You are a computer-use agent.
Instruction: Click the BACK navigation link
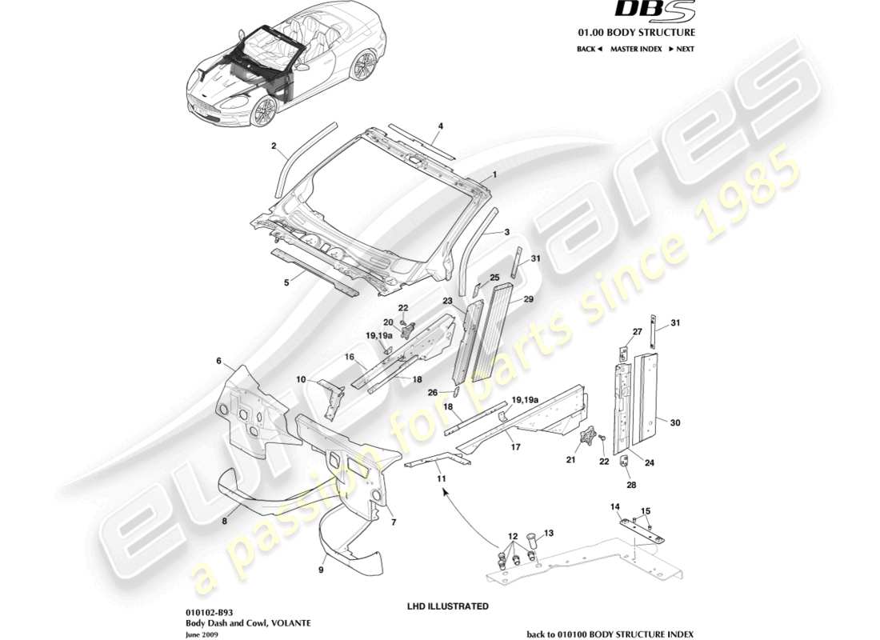[x=589, y=49]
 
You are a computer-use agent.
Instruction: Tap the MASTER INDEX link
[x=636, y=49]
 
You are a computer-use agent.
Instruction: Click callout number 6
[x=218, y=361]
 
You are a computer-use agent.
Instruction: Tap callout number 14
[x=615, y=506]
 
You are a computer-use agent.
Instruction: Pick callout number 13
[x=549, y=533]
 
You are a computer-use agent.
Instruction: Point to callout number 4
[x=440, y=126]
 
